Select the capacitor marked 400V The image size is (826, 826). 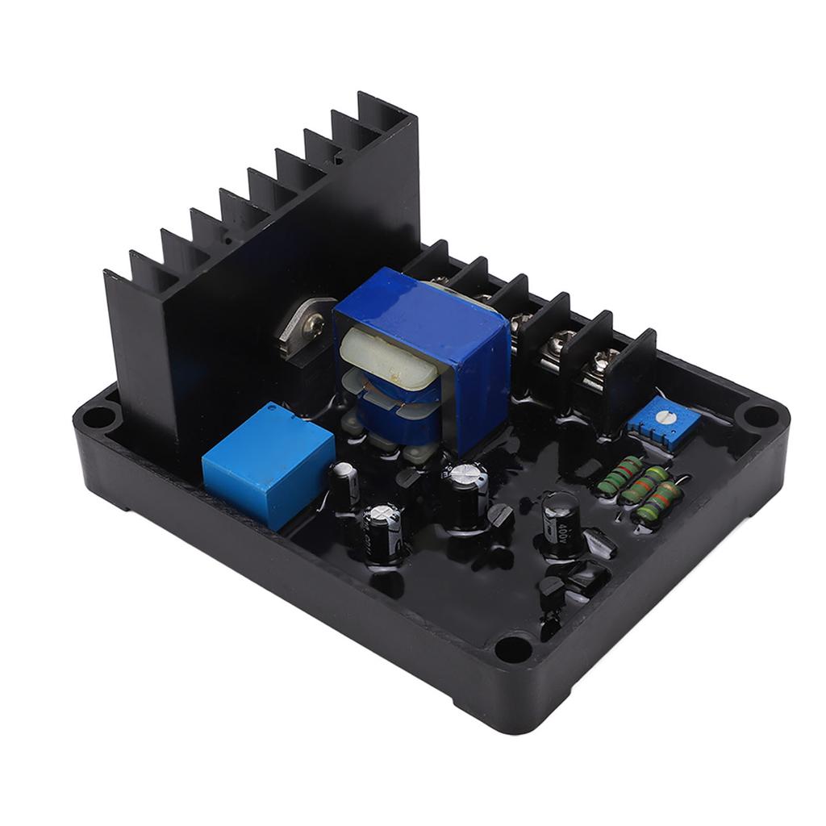(560, 524)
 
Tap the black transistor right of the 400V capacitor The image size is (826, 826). (601, 542)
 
